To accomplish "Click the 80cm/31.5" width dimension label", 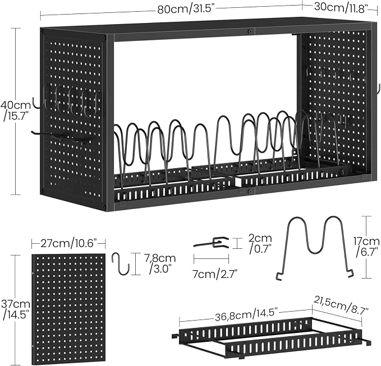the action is point(186,10).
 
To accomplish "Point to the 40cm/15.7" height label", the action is point(16,110).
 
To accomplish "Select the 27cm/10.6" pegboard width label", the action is point(68,243).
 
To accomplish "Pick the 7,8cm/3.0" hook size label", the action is point(160,263).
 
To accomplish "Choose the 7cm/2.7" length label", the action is point(215,275).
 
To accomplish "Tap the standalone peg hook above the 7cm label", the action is point(212,243).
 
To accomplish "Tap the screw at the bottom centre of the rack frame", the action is point(250,192).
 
